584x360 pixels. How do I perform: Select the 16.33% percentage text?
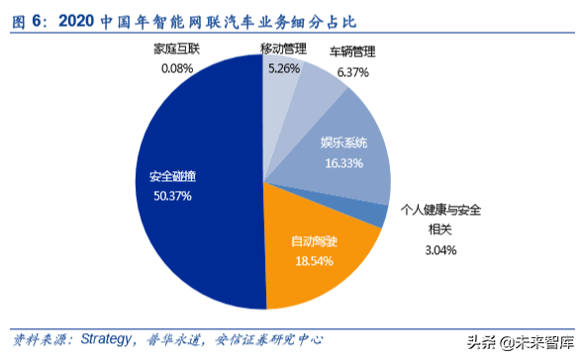pos(342,161)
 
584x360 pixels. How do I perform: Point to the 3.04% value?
pos(440,250)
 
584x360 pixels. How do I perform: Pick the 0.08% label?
pos(176,68)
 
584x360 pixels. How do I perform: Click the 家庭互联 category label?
pos(176,49)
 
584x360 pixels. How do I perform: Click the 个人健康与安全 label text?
pos(440,210)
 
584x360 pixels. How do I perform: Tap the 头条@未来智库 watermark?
pos(521,341)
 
